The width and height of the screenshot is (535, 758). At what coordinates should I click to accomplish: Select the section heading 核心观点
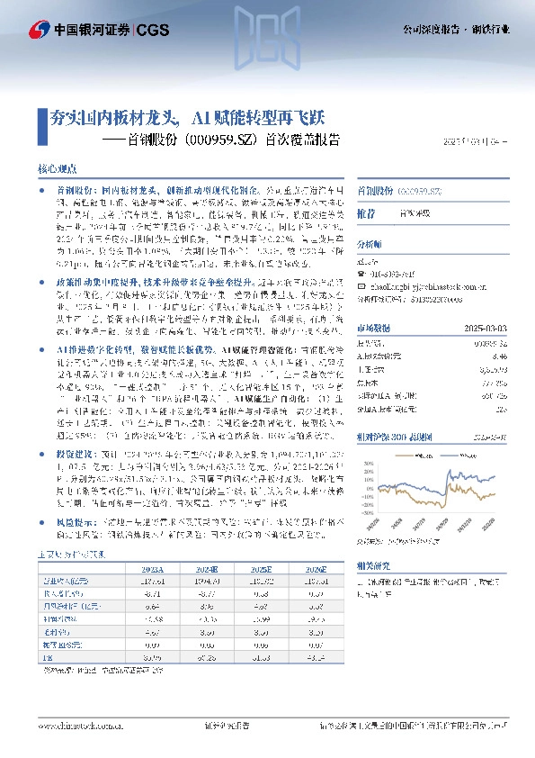pos(57,169)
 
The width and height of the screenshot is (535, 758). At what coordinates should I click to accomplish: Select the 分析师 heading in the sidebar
pos(370,244)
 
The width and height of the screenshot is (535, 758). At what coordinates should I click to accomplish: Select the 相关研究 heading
pos(372,568)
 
